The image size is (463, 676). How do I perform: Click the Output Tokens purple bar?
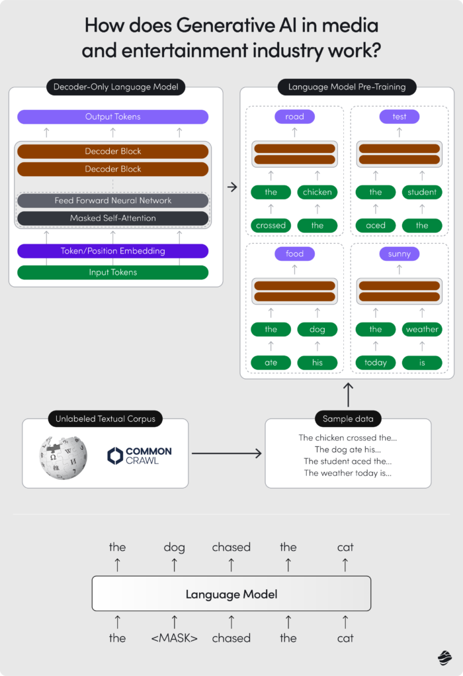click(112, 117)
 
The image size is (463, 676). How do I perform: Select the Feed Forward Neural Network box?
click(112, 201)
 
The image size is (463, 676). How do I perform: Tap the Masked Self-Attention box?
click(112, 218)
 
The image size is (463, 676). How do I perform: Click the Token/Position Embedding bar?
click(112, 251)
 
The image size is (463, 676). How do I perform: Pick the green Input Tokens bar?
click(112, 272)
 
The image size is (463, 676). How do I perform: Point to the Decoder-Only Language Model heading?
click(116, 87)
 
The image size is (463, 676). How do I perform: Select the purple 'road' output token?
click(294, 117)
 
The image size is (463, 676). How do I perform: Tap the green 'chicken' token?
click(317, 192)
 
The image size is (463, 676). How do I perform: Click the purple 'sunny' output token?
click(400, 254)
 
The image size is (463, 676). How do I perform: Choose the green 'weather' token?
click(422, 329)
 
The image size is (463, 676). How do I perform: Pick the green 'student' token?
click(422, 192)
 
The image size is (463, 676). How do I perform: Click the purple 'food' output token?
click(294, 254)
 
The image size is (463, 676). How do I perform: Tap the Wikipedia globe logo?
click(63, 456)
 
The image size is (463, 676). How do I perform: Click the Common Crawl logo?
click(140, 456)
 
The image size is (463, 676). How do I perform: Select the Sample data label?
click(348, 419)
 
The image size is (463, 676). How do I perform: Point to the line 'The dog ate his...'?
click(347, 450)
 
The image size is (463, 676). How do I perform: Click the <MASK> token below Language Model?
click(175, 638)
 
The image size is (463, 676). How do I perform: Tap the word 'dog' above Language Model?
click(175, 547)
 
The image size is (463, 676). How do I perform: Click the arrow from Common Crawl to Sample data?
click(226, 454)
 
